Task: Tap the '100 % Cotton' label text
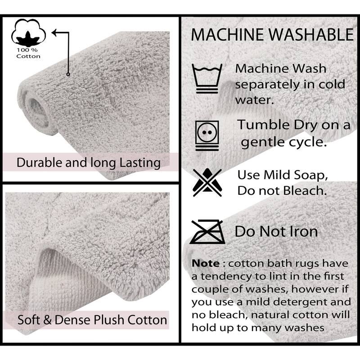(28, 53)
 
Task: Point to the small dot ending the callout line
(68, 74)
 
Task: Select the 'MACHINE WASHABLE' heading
(272, 35)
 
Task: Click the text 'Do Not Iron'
(276, 231)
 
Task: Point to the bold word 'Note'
(205, 263)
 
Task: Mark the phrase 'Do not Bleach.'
(282, 191)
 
